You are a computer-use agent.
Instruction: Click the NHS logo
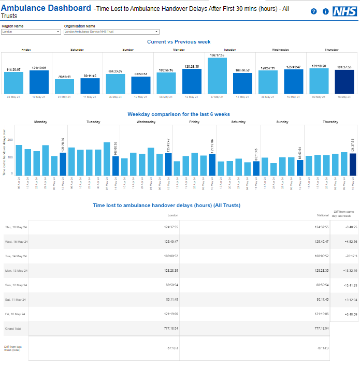344,11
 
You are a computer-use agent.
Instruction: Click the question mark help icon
314,11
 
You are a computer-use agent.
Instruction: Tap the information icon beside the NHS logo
325,11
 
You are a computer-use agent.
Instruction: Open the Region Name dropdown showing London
31,32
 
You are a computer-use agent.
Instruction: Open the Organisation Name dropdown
111,32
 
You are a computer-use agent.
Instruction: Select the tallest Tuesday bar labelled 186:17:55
218,76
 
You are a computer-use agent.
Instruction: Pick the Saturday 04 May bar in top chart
64,86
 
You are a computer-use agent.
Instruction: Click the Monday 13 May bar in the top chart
192,81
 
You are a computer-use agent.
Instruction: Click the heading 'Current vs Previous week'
179,42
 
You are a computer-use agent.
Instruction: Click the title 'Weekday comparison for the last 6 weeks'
179,114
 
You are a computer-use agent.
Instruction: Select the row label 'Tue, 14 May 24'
16,256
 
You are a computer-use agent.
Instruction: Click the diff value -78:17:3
344,256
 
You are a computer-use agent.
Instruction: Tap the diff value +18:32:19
344,270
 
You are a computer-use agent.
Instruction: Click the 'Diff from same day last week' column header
344,214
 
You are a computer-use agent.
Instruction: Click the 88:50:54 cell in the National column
322,285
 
